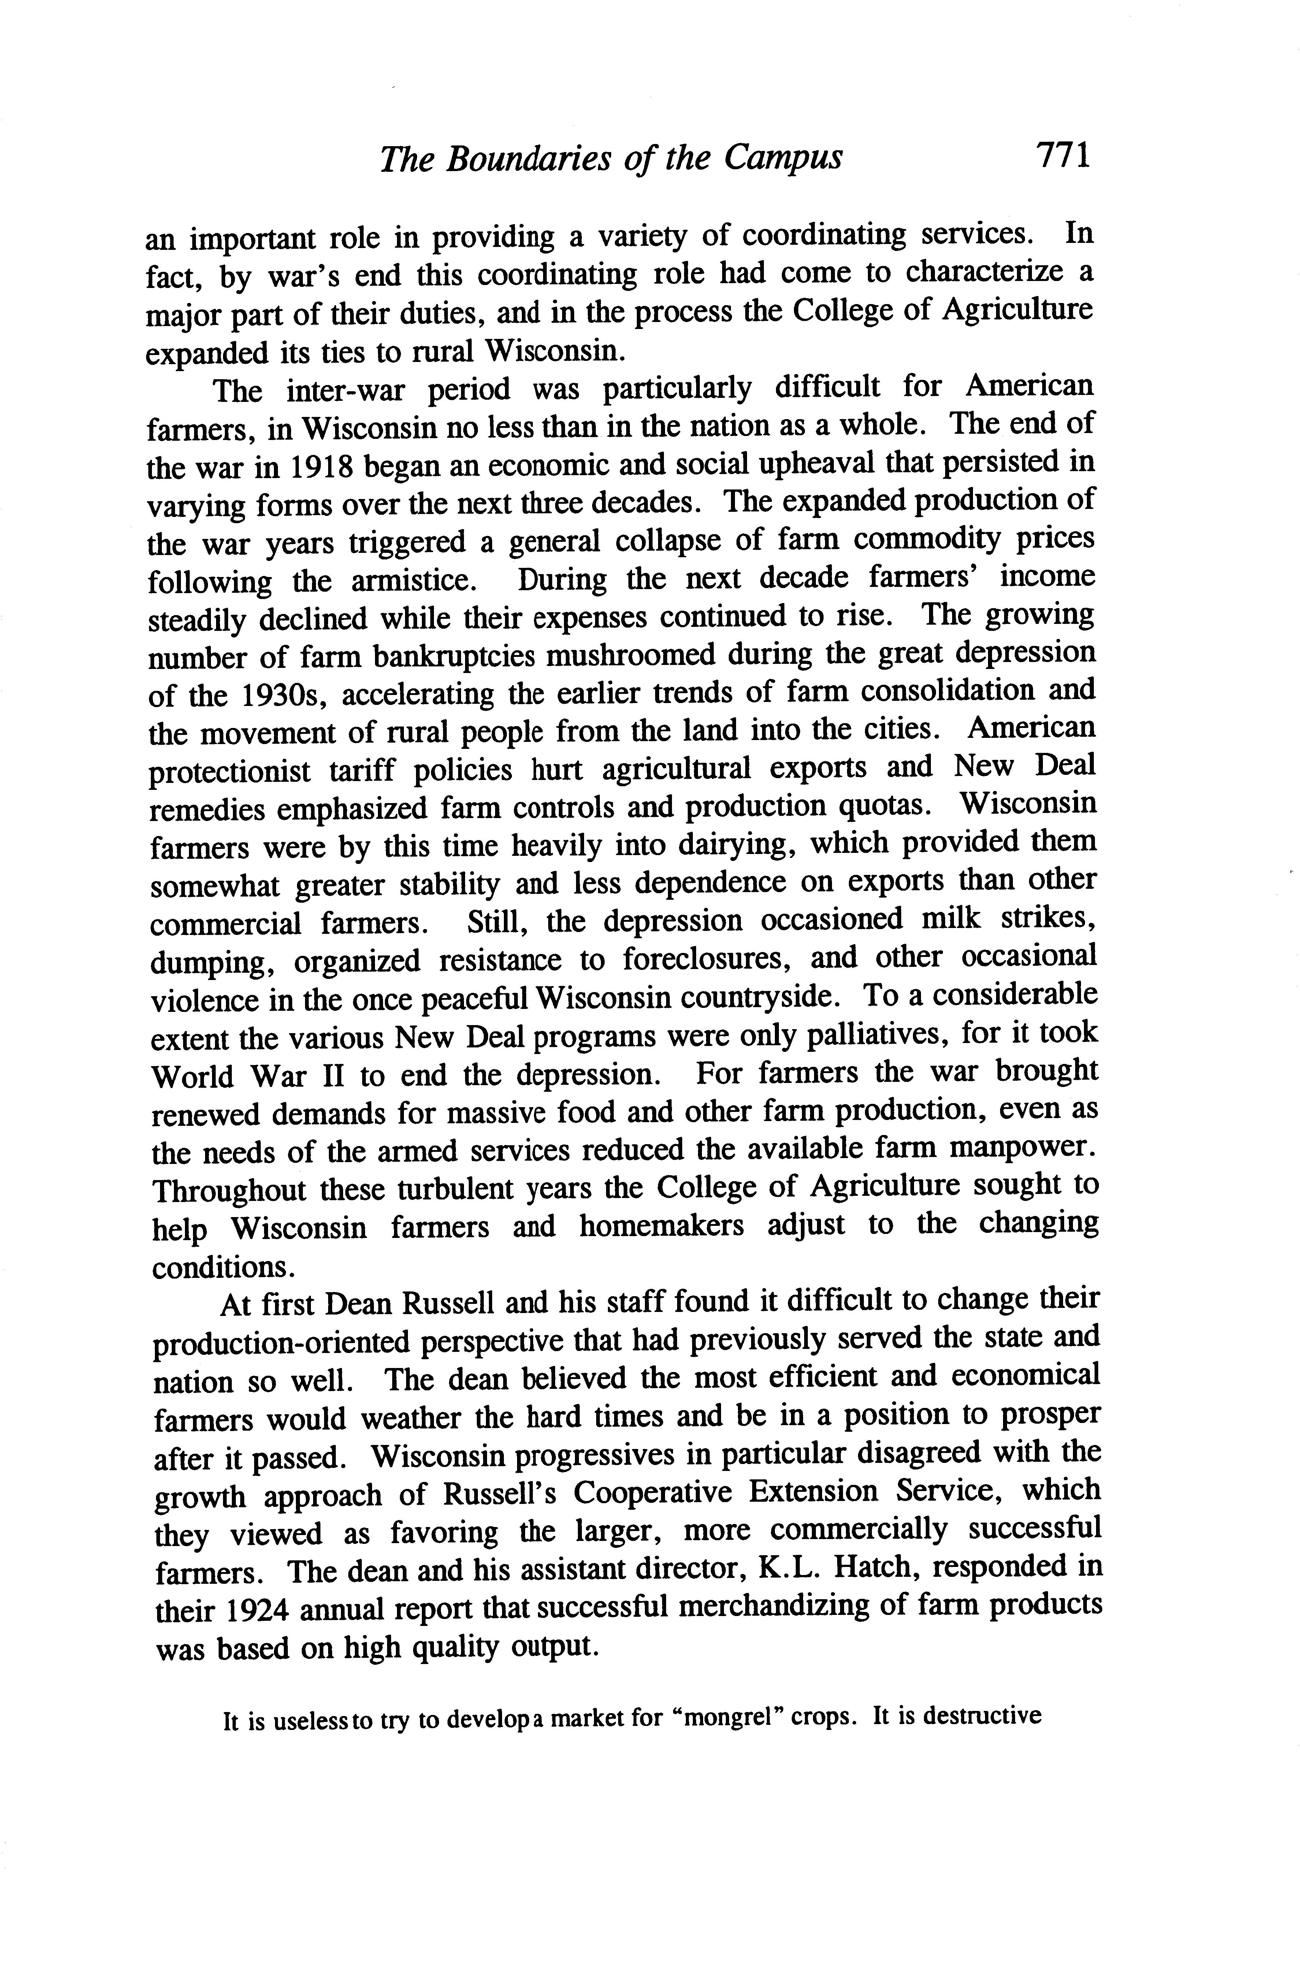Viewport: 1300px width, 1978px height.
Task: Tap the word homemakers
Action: pos(661,1227)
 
